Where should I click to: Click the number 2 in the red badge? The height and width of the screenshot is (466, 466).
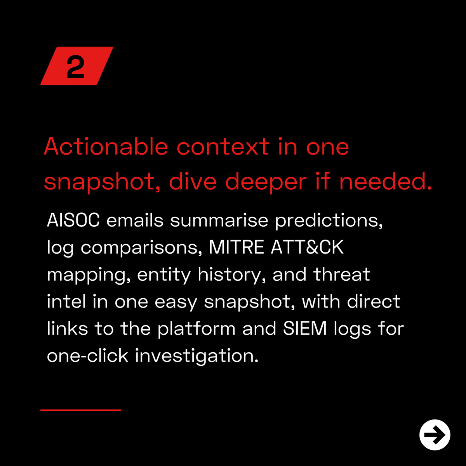75,66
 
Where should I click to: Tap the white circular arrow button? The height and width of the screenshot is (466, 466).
435,435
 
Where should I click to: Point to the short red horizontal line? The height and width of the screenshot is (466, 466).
80,410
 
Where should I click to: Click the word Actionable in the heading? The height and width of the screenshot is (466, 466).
106,147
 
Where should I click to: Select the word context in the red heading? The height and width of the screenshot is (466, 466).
223,147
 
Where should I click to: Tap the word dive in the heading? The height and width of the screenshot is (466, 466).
193,181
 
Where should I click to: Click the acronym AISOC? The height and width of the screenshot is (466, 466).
73,220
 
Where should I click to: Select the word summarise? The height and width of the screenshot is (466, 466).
219,220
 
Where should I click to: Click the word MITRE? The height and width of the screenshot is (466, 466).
236,247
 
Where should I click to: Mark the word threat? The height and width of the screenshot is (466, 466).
342,274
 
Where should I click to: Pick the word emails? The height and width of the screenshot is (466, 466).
135,220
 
